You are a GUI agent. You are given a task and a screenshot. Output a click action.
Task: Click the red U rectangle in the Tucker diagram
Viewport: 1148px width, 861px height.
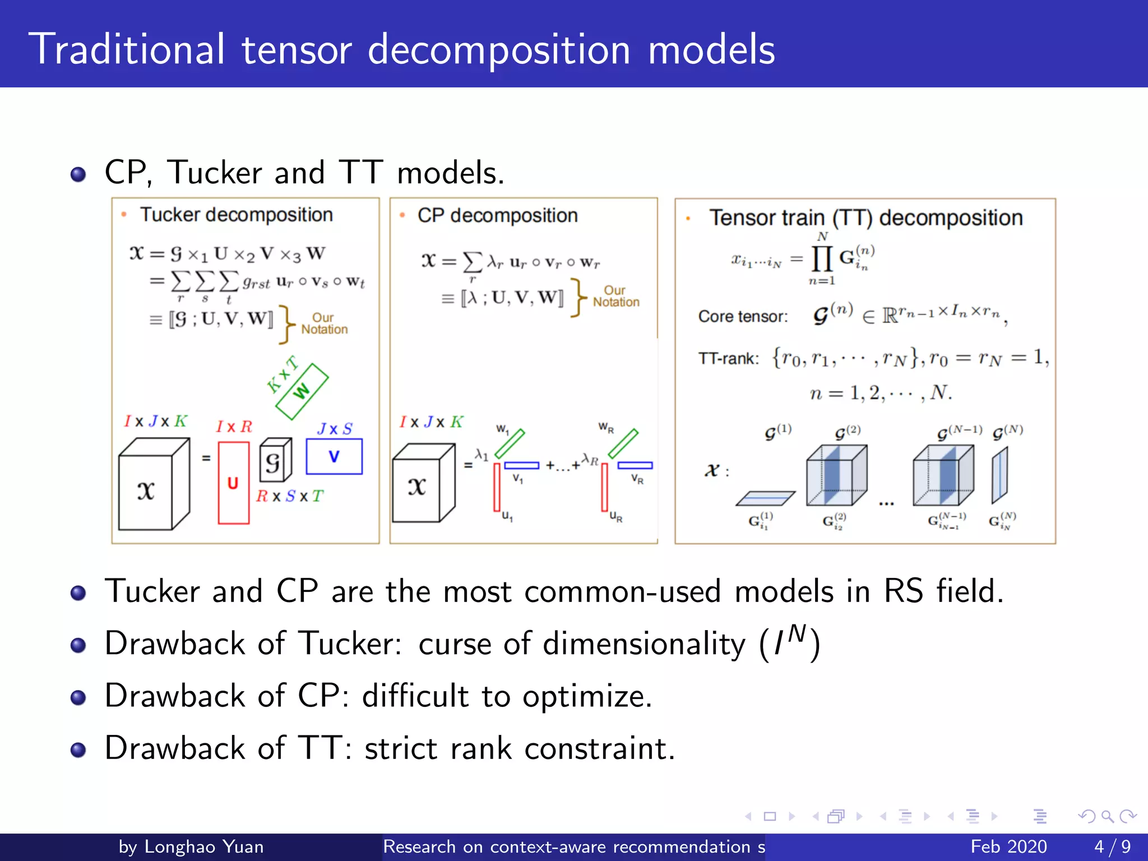[233, 483]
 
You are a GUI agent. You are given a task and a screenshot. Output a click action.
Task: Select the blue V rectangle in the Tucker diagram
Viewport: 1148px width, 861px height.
[334, 456]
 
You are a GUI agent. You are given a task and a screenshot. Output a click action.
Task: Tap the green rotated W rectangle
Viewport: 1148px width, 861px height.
[302, 391]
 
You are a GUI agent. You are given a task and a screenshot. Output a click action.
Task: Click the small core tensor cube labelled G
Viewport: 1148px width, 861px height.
[275, 461]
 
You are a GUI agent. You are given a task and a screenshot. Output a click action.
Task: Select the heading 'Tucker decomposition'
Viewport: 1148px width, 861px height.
[236, 215]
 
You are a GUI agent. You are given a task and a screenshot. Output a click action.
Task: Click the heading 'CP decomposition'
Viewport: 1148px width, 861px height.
[497, 215]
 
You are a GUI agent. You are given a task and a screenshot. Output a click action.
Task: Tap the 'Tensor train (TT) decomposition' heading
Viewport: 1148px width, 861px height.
[865, 217]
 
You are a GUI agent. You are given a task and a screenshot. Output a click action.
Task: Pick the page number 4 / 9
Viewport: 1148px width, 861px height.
[1112, 846]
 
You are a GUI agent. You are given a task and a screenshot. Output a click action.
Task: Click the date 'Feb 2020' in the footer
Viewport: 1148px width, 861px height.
[1008, 846]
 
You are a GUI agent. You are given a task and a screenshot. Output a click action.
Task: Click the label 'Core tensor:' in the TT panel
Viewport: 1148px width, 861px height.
[743, 317]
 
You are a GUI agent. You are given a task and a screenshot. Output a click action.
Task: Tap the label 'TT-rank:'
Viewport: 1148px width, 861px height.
[728, 358]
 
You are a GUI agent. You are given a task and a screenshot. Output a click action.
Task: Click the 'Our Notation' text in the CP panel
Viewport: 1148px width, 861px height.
[615, 297]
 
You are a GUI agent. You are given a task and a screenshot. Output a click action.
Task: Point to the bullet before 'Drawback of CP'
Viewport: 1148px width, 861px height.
[78, 697]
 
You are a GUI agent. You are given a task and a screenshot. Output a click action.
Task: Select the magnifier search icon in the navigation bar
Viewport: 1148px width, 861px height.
[1107, 816]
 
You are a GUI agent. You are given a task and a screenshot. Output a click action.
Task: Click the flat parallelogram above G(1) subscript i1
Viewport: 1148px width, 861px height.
[765, 498]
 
